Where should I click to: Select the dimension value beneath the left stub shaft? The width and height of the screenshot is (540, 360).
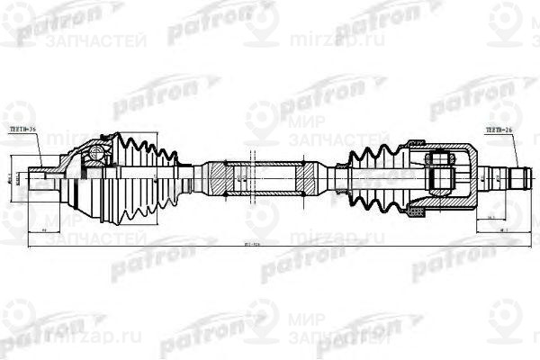click(x=44, y=230)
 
